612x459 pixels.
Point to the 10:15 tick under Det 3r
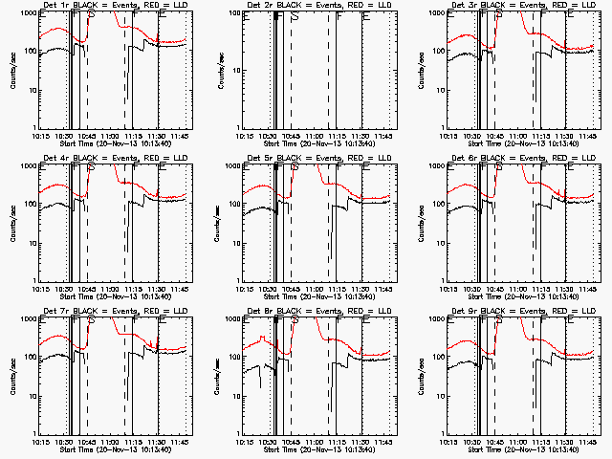pyautogui.click(x=448, y=137)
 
